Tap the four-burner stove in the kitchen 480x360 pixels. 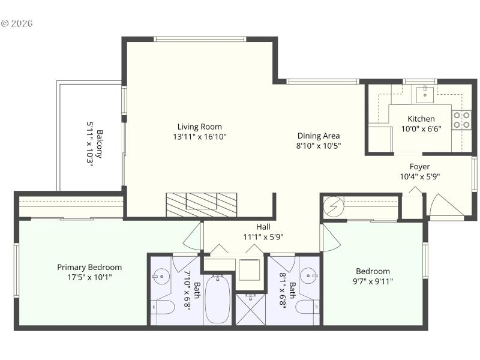coord(461,121)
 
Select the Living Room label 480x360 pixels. coord(199,127)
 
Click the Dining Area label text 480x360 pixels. coord(319,136)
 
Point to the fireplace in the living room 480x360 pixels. coord(202,205)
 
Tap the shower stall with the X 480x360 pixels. coord(251,310)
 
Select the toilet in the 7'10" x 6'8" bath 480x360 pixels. coord(163,308)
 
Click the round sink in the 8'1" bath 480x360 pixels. coord(309,277)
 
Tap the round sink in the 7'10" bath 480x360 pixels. coord(161,277)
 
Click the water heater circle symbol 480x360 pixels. coord(332,207)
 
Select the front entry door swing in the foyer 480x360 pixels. coord(445,206)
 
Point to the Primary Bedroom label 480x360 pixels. coord(89,267)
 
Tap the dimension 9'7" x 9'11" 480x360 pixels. coord(373,280)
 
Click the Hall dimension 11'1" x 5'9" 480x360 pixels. coord(263,236)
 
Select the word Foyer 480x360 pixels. coord(419,166)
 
